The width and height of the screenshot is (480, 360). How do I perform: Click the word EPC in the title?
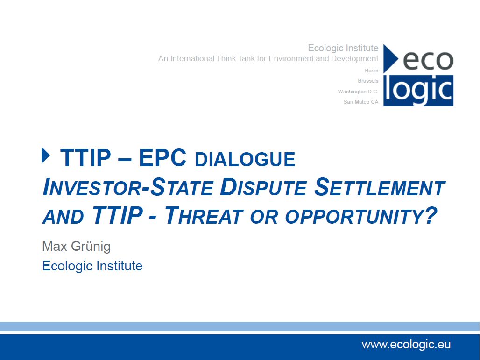pos(162,158)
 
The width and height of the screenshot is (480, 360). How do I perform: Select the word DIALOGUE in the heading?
pos(245,160)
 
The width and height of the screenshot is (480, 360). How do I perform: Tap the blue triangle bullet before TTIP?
pos(46,155)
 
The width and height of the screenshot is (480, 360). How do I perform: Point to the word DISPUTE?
pos(263,187)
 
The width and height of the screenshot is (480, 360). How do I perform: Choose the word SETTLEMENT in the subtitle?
pos(380,187)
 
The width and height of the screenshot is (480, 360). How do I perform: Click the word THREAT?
pos(204,215)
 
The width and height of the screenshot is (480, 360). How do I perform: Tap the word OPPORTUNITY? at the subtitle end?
pos(361,216)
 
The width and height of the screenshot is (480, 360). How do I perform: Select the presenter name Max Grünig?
pos(76,247)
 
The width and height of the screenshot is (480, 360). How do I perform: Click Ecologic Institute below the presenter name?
pos(92,266)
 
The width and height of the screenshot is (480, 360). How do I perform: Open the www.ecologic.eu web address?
pos(406,345)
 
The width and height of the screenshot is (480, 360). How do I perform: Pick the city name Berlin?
pos(371,71)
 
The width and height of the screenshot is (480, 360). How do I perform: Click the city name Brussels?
pos(368,81)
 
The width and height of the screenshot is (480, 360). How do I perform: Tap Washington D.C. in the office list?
pos(358,92)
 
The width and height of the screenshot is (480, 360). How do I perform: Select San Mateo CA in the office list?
pos(360,102)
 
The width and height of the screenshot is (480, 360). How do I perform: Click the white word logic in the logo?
pos(418,90)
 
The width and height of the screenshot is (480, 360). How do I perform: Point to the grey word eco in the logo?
pos(428,61)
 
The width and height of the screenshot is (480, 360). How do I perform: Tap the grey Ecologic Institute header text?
pos(343,48)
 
